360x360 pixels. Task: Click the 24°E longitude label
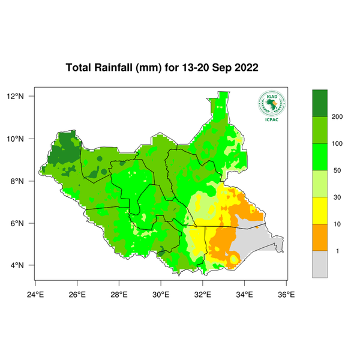35,294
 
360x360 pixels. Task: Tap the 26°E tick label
77,294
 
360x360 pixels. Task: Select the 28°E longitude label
119,294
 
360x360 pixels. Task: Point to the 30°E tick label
161,294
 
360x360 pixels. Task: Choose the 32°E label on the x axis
203,294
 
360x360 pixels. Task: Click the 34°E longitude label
244,294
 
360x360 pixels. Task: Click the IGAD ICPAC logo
271,106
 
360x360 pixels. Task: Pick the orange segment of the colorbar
320,237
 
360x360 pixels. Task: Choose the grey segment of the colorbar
320,264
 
